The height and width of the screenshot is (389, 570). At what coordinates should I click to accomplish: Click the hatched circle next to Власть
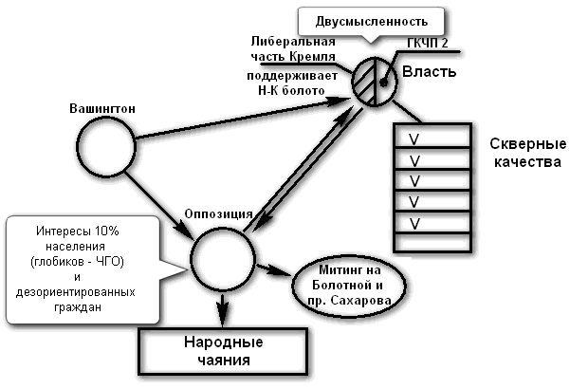tap(374, 80)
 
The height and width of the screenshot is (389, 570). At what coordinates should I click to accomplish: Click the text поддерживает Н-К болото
tap(290, 82)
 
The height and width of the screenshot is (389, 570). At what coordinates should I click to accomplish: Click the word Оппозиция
tap(217, 213)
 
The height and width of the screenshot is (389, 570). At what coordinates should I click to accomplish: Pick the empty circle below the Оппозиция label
tap(223, 257)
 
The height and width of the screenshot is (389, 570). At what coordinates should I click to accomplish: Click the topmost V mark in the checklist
tap(414, 139)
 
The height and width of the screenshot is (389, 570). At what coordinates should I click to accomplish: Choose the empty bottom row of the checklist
tap(432, 242)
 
